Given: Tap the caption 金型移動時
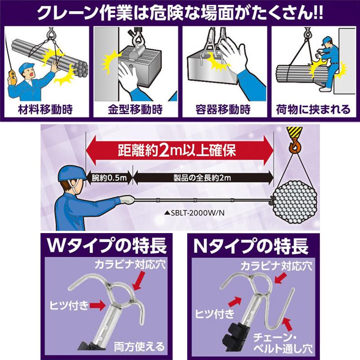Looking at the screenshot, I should (135, 109).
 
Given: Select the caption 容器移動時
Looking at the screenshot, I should (223, 109).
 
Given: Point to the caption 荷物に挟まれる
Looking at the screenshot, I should (313, 109).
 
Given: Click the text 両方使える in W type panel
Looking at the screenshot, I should (140, 347).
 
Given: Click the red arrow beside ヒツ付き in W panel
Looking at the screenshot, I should (99, 306).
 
